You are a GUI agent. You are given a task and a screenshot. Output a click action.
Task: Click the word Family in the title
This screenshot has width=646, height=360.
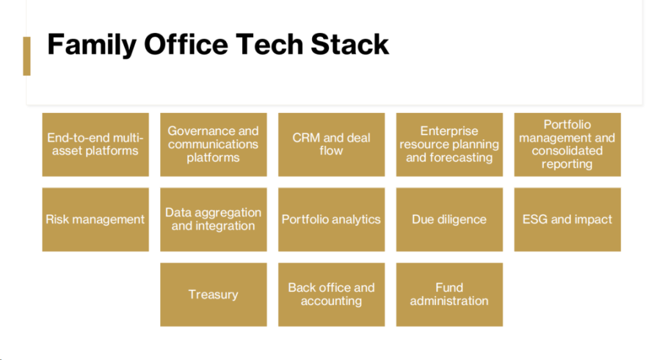92,45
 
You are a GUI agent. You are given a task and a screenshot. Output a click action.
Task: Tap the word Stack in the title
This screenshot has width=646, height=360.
349,44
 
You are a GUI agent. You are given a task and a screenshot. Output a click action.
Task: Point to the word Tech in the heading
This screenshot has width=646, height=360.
269,44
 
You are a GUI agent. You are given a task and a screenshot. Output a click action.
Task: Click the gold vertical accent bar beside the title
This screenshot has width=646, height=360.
27,56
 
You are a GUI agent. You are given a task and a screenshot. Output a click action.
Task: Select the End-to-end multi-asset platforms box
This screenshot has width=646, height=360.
96,145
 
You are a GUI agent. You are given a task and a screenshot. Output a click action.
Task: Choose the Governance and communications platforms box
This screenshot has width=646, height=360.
213,145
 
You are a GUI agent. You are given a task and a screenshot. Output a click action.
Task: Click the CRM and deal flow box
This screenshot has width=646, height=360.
331,145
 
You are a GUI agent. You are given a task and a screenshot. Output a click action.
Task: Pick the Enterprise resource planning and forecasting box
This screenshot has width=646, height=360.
450,145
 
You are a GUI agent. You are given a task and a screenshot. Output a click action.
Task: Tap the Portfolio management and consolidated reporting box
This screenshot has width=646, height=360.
567,145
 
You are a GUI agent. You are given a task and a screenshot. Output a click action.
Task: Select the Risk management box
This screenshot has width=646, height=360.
96,219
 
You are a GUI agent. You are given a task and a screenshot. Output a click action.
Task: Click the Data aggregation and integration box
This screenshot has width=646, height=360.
213,219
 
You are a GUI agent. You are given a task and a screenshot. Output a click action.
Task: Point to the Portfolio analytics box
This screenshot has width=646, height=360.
331,219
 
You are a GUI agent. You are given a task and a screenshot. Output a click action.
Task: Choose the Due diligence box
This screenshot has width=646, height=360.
450,219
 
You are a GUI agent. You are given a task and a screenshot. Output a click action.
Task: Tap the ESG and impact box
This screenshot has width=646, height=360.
567,219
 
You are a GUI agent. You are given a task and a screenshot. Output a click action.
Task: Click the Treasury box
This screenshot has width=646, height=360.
213,295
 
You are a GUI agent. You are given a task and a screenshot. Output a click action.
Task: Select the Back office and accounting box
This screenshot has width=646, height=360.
331,295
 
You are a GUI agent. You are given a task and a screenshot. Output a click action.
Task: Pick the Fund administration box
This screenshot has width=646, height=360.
450,295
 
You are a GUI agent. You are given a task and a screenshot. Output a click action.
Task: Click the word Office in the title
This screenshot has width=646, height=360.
186,44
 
